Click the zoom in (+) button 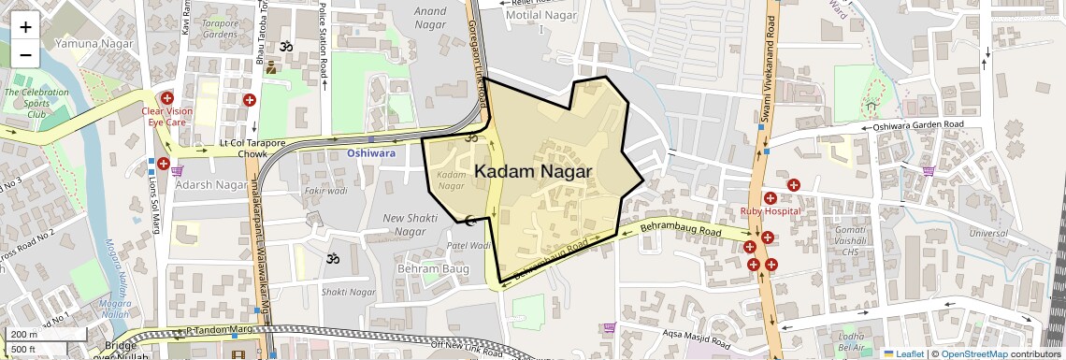(x=25, y=27)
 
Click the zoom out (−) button (x=25, y=54)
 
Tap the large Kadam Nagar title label (x=533, y=172)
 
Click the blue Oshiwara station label (x=371, y=151)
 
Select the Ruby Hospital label (x=771, y=211)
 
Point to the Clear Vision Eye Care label (x=167, y=117)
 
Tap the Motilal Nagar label (x=537, y=16)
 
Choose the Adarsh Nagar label (x=210, y=184)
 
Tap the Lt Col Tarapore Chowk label (x=243, y=147)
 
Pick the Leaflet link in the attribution (x=903, y=353)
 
